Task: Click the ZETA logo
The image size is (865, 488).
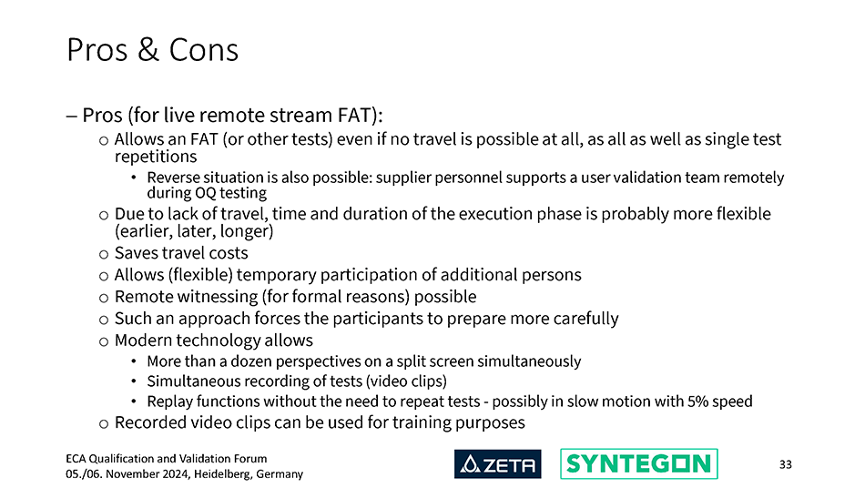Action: click(x=497, y=463)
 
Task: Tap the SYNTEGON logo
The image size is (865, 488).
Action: click(x=639, y=463)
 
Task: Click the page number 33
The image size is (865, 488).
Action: click(x=786, y=464)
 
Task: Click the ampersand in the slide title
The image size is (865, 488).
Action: click(x=148, y=50)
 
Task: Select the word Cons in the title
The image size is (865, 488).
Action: click(x=204, y=50)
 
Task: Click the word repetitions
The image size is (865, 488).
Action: click(x=156, y=158)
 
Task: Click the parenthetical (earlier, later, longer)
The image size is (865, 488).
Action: click(x=194, y=231)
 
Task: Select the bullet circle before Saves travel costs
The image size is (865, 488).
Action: click(x=104, y=254)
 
